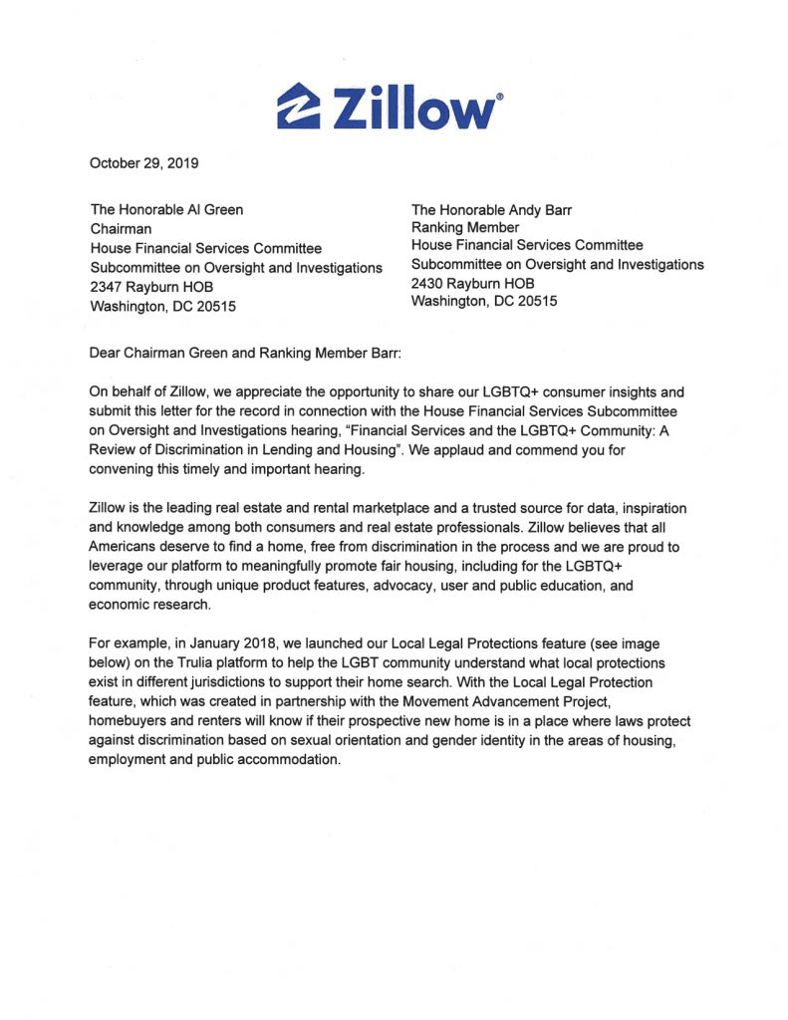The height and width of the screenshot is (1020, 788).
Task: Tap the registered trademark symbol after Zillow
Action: [x=499, y=97]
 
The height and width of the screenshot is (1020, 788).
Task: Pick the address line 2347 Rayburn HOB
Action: [x=151, y=287]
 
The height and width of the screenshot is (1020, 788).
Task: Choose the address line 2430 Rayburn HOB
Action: [x=472, y=283]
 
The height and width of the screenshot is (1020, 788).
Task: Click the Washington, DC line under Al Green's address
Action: [x=163, y=306]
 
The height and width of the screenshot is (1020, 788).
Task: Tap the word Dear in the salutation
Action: [x=108, y=352]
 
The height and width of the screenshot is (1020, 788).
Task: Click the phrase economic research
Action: [x=147, y=605]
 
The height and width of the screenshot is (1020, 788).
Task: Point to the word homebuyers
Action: [x=129, y=721]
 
